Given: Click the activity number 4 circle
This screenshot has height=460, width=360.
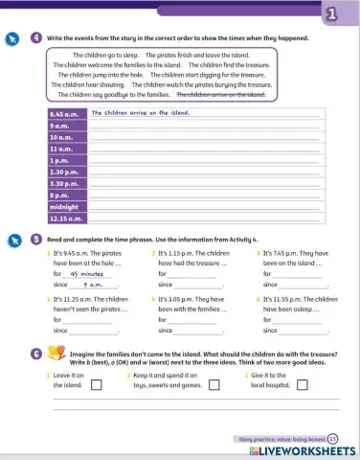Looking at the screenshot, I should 35,37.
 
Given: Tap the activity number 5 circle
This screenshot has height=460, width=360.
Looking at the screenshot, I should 35,239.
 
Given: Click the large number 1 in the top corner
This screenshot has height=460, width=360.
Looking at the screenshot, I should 330,13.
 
